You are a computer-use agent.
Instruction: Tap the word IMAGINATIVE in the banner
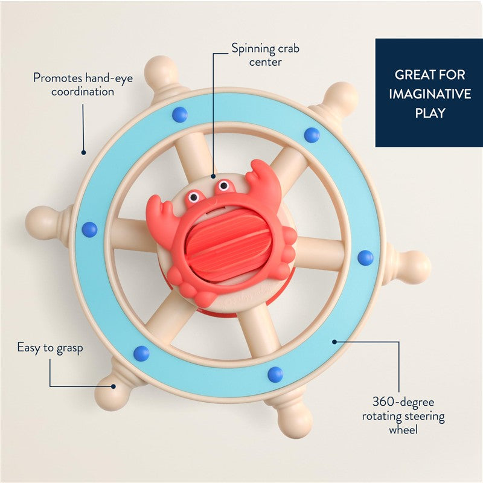click(x=430, y=94)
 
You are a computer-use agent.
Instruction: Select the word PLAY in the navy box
click(x=430, y=113)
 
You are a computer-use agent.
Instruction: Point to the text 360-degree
click(x=403, y=401)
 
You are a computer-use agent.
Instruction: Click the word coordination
click(x=83, y=92)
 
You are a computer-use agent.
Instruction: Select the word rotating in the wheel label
click(x=381, y=416)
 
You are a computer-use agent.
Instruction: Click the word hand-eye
click(x=109, y=78)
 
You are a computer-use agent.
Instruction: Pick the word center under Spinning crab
click(x=265, y=62)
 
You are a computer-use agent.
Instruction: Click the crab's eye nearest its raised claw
click(x=223, y=186)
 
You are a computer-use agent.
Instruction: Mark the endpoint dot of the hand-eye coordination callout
click(x=83, y=152)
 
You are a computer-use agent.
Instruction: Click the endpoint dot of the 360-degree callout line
click(x=334, y=342)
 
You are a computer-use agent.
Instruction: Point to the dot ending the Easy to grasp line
click(x=114, y=386)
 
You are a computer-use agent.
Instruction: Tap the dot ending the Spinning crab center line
click(x=213, y=176)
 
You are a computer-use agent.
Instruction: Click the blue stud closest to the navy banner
click(x=312, y=135)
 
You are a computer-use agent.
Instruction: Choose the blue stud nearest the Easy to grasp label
click(x=142, y=353)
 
